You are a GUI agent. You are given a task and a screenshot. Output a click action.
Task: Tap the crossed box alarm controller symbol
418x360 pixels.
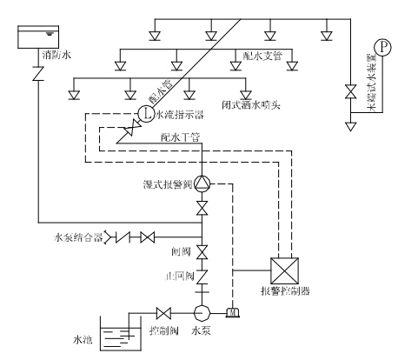[284, 270]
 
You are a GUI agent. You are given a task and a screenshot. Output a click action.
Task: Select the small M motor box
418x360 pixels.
[233, 313]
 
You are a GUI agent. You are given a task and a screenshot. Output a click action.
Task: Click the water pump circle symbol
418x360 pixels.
[202, 313]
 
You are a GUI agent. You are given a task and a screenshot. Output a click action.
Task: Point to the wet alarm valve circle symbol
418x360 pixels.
[202, 183]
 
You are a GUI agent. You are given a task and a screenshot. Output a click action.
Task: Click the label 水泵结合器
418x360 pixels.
[79, 237]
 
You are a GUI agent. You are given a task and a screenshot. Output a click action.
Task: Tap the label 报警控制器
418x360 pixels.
[285, 290]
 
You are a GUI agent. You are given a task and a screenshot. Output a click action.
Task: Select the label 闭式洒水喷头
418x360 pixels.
[251, 105]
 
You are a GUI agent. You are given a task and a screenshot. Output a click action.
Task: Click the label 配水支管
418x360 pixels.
[262, 56]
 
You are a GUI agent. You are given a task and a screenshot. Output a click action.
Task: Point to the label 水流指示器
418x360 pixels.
[180, 115]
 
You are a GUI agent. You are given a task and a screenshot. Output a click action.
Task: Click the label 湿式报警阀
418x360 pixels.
[168, 184]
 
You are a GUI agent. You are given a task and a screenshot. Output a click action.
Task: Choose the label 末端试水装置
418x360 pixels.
[372, 83]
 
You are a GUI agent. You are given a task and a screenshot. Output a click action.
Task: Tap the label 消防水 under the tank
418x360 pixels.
[56, 55]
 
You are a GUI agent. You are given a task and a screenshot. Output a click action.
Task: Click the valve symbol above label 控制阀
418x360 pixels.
[163, 313]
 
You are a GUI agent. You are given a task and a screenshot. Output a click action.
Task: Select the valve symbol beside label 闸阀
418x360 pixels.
[202, 252]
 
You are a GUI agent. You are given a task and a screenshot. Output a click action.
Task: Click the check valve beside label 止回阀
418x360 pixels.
[202, 277]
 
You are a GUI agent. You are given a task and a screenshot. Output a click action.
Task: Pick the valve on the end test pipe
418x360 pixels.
[350, 91]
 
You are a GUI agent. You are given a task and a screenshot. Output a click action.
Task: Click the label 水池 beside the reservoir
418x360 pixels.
[83, 340]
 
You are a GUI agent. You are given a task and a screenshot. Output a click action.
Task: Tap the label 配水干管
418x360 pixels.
[181, 137]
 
